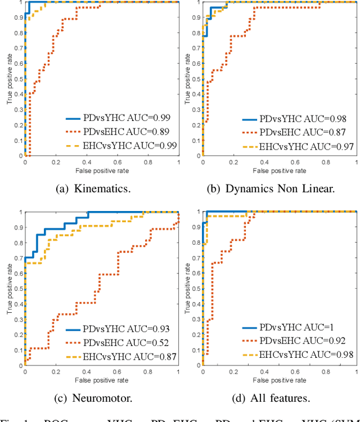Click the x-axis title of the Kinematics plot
click(x=102, y=170)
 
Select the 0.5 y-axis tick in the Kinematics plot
click(x=19, y=79)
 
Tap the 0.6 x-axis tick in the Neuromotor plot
click(x=116, y=372)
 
